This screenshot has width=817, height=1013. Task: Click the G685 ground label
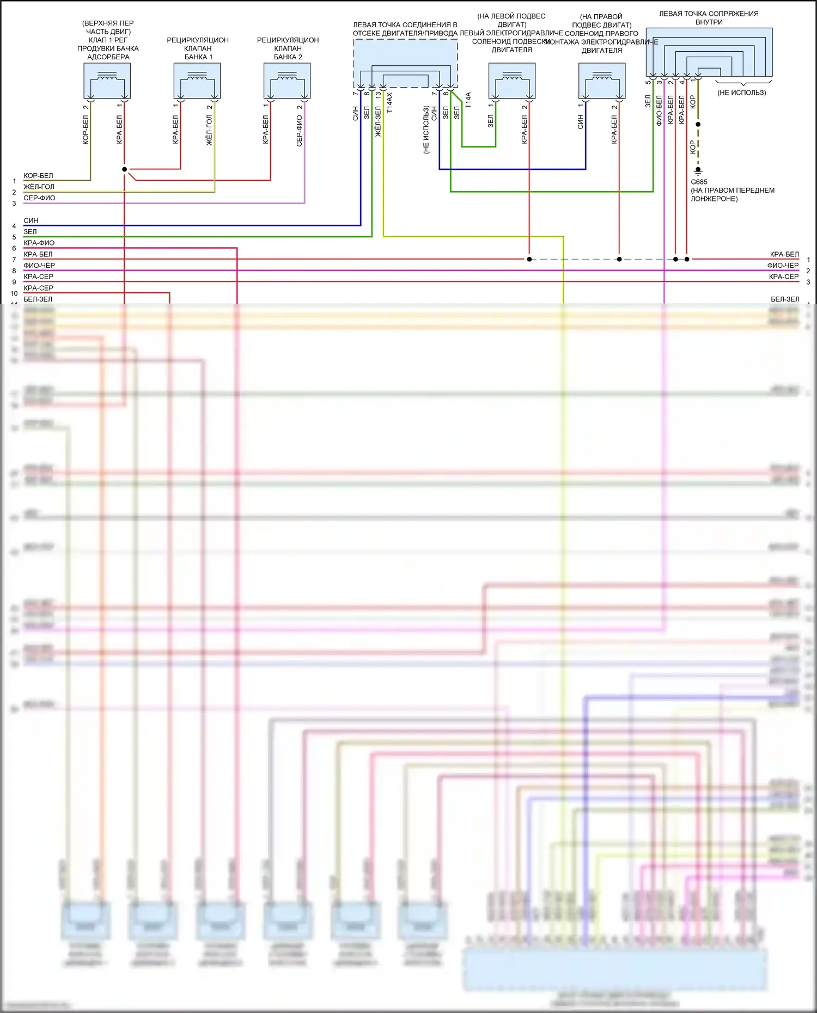699,182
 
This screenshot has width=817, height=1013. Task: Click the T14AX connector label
389,103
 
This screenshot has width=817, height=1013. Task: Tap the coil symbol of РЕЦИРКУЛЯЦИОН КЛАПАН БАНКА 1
197,77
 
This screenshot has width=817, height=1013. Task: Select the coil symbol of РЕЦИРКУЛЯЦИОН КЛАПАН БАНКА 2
287,77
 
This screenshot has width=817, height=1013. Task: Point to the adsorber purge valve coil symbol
107,77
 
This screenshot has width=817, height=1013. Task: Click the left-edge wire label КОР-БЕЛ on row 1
38,176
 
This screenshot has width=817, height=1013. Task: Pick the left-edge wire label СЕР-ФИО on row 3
39,198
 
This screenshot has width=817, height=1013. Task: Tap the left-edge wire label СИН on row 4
31,220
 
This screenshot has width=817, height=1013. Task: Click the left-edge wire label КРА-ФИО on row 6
39,243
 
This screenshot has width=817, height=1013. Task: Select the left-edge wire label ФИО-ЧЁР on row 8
39,265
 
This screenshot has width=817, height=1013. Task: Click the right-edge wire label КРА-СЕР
783,277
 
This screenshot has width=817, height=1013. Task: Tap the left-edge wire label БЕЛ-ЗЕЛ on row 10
38,299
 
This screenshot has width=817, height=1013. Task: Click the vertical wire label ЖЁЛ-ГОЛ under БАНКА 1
209,130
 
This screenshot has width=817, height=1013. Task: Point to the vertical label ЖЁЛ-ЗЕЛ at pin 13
378,121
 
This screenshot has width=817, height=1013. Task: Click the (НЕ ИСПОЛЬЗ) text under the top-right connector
741,93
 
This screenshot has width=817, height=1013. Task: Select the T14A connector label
468,100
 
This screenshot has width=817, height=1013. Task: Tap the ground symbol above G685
698,170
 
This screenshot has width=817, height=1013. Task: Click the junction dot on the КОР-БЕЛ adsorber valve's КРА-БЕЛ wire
124,169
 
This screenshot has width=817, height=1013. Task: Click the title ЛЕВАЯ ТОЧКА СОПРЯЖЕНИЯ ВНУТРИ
709,18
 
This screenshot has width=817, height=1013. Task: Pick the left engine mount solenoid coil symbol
511,77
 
